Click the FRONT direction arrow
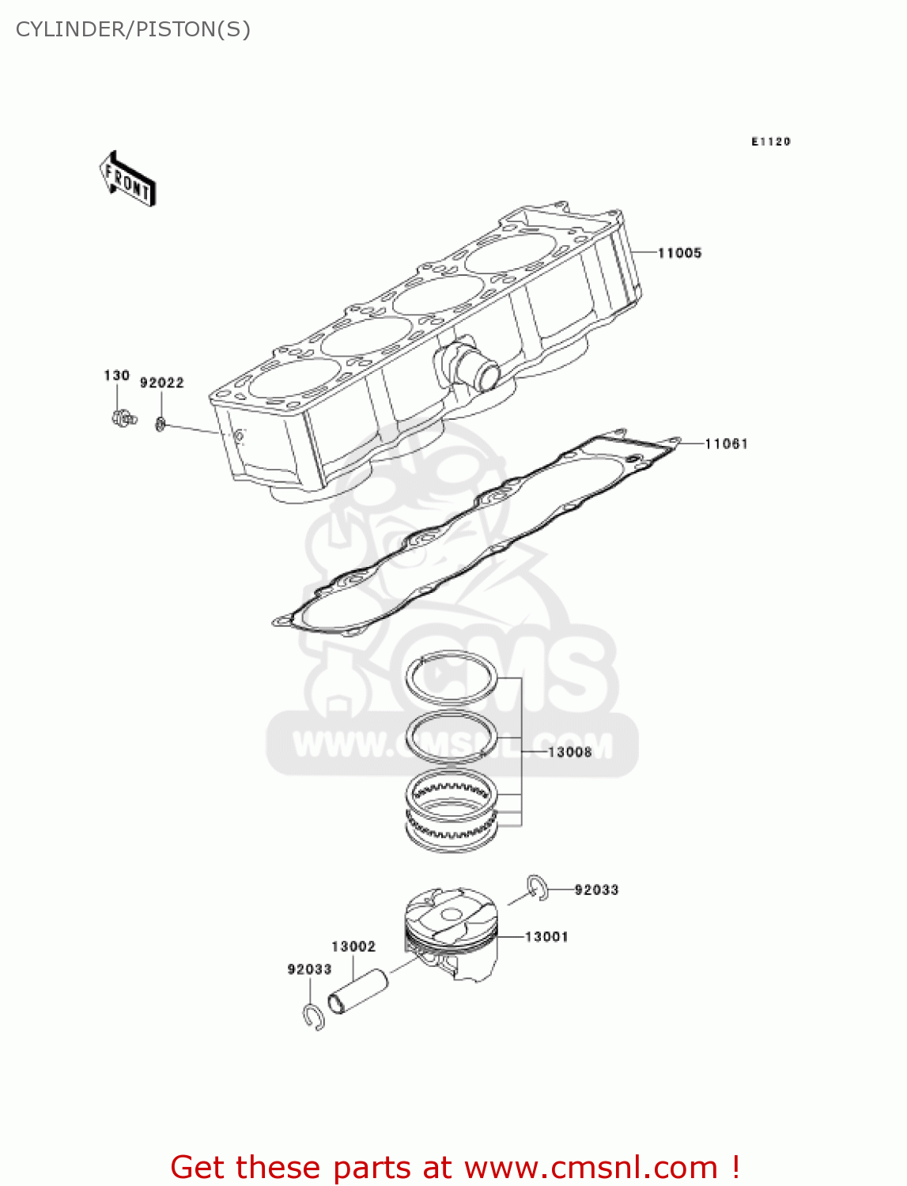(127, 179)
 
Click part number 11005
(679, 253)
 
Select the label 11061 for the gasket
(726, 444)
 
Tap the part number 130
(116, 376)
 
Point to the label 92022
(162, 383)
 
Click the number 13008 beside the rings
(569, 752)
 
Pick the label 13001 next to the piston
(546, 937)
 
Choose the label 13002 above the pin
(353, 946)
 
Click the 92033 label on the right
(596, 890)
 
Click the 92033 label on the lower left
(309, 969)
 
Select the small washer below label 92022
(161, 425)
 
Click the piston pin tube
(358, 991)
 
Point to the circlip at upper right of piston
(539, 887)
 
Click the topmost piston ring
(452, 678)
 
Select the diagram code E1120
(770, 142)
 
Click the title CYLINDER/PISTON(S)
(133, 29)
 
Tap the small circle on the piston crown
(451, 915)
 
